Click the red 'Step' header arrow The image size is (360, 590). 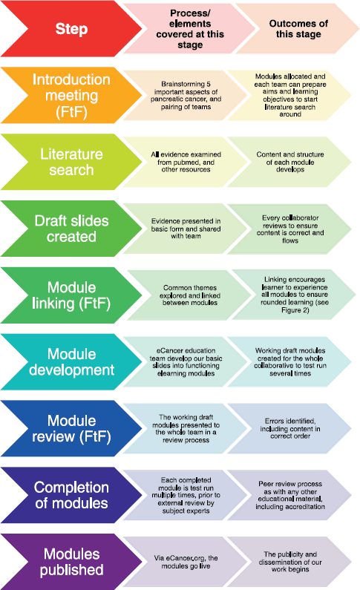coord(71,29)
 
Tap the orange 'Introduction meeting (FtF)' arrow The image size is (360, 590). coord(71,95)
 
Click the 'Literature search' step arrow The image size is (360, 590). coord(71,162)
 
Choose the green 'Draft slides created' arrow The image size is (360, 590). coord(71,229)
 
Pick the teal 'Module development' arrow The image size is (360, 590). coord(71,361)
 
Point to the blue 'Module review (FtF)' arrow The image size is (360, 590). coord(71,428)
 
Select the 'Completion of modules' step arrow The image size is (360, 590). coord(71,495)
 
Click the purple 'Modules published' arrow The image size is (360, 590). coord(71,561)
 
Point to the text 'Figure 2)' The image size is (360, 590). coord(295,310)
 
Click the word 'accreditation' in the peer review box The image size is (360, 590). coord(306,506)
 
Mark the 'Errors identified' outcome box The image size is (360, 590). coord(289,428)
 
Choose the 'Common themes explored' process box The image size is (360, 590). coord(189,295)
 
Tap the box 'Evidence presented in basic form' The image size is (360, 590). coord(186,229)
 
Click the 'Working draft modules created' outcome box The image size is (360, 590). coord(289,361)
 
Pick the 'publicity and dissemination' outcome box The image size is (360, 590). coord(289,562)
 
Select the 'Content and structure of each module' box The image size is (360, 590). coord(289,162)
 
